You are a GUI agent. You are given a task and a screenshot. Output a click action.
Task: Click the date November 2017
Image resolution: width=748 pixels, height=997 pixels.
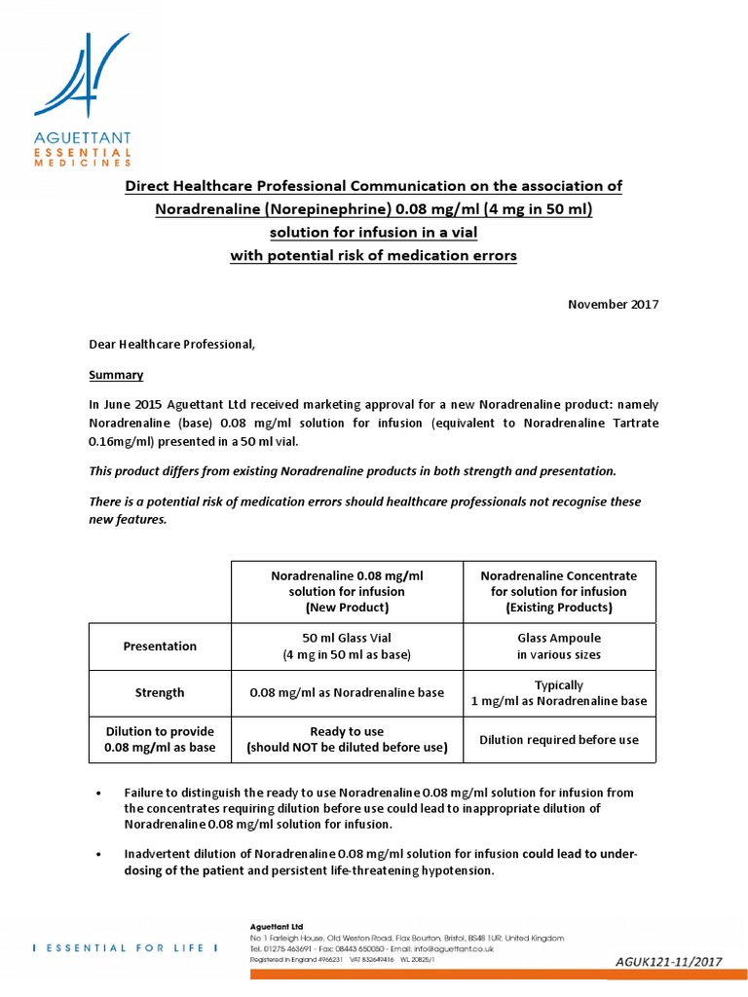point(613,304)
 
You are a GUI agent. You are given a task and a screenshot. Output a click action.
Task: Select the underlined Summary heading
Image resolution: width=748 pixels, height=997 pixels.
point(116,375)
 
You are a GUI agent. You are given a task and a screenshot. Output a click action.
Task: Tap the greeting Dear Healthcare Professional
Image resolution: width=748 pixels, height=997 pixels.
point(172,344)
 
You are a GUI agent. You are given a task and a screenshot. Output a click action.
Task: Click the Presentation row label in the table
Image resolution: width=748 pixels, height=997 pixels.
point(160,646)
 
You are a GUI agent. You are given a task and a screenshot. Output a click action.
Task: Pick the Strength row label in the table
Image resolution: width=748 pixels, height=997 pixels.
point(160,692)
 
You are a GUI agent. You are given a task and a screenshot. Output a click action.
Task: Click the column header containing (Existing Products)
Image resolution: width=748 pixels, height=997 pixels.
point(559,591)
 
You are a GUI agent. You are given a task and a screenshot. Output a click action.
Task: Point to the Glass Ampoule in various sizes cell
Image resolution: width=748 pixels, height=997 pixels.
point(559,646)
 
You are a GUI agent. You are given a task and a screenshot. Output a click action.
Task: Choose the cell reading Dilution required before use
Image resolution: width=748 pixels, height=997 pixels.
point(559,739)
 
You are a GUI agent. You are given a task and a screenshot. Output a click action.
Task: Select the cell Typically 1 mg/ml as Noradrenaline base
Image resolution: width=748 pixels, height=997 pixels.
point(559,692)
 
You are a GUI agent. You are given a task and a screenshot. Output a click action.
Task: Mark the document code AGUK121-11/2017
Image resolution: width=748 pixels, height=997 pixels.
point(668,962)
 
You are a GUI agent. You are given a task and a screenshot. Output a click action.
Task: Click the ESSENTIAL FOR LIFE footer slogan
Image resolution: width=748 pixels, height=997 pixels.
point(120,947)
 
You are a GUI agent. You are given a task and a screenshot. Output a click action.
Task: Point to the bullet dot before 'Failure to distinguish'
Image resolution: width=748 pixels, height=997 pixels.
point(100,794)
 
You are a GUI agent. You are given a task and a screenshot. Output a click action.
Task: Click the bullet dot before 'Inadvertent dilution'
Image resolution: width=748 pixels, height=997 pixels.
point(100,855)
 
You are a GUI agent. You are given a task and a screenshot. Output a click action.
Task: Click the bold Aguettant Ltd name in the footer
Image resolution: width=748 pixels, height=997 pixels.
point(278,927)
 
